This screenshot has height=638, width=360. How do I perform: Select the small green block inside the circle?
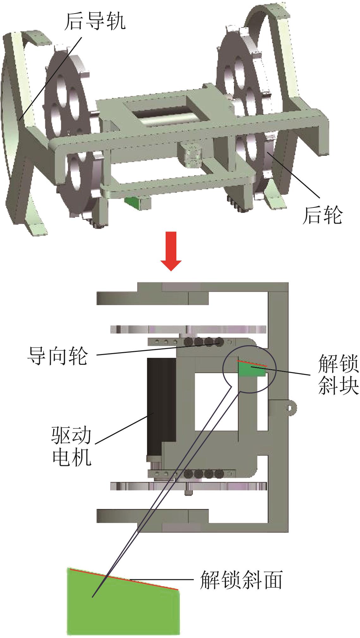click(x=252, y=370)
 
